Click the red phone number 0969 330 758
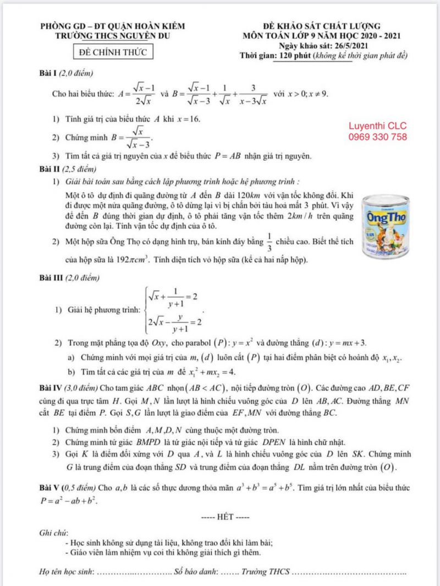(378, 137)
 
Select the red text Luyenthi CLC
(378, 126)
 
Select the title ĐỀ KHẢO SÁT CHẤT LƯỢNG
(322, 26)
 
